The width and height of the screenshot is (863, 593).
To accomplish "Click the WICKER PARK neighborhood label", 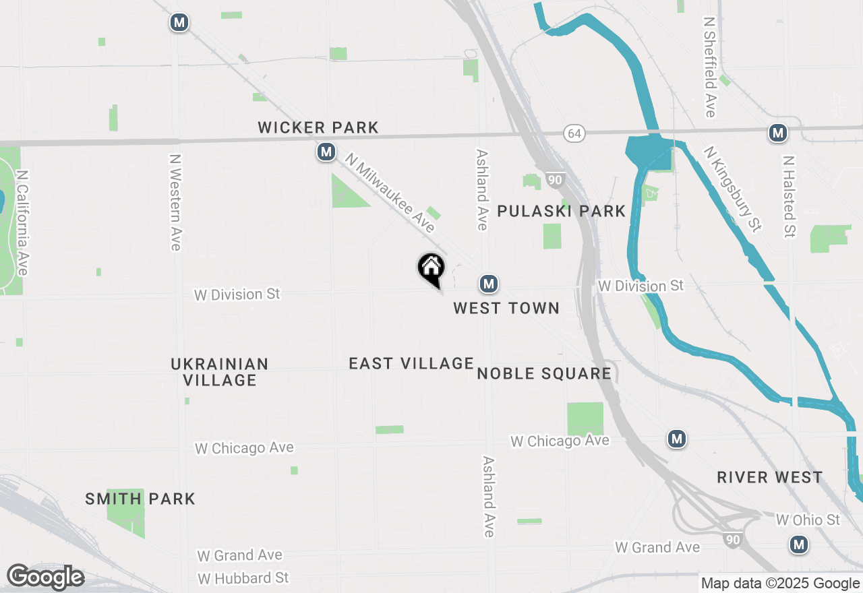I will pos(318,127).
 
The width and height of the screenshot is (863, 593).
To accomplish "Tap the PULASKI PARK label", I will pos(562,212).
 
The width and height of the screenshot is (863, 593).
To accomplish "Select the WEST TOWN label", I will pos(506,308).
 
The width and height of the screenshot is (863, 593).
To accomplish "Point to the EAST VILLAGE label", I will pos(411,364).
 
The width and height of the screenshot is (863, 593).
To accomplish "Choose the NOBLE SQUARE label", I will pos(544,373).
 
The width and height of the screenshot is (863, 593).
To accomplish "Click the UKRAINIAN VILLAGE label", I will pos(220,372).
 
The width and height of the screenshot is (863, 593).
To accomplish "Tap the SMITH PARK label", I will pos(140,499).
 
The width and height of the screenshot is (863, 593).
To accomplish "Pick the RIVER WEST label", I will pos(769,478).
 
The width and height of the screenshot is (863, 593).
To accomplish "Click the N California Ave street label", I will pos(23,222).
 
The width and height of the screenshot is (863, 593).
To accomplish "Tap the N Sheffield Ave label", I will pos(709,67).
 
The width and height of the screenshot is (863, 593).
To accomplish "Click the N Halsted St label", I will pos(788,197).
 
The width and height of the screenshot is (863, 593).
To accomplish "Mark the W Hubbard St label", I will pos(243,578).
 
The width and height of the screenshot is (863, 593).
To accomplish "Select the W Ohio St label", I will pos(808,520).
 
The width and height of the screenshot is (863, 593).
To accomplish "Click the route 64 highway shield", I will pos(574,133).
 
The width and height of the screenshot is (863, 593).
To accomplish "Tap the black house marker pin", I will pos(431,270).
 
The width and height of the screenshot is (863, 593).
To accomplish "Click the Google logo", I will pos(45,577).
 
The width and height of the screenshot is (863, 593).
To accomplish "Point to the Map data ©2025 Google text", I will pos(780,584).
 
